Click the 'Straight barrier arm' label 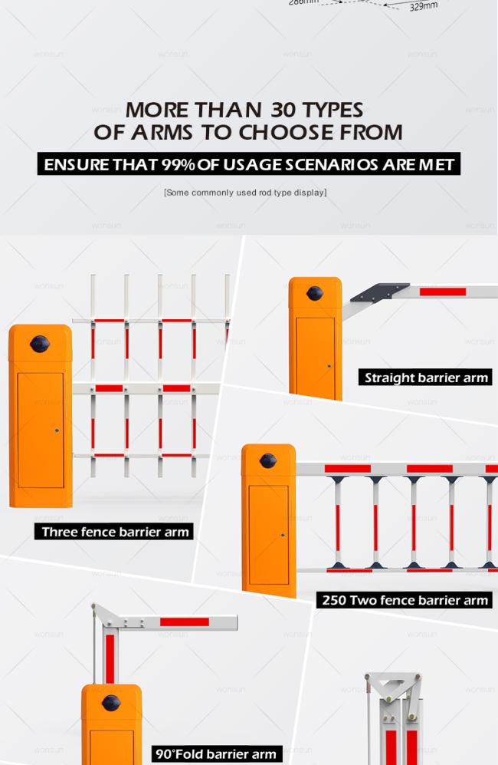(425, 378)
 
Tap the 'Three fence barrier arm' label (114, 531)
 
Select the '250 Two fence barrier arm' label (405, 599)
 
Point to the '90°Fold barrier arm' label (216, 753)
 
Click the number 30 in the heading (283, 110)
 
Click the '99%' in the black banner (179, 164)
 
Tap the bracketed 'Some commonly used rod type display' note (245, 193)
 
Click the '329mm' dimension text (423, 6)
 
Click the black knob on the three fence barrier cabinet (40, 344)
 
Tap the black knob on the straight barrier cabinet (315, 293)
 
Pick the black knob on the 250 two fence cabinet (268, 460)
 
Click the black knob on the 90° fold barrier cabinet (111, 703)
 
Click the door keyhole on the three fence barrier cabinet (57, 430)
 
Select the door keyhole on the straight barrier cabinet (329, 366)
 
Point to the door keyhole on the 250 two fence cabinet (283, 536)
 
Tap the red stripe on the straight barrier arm (443, 292)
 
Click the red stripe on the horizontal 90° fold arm (185, 622)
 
